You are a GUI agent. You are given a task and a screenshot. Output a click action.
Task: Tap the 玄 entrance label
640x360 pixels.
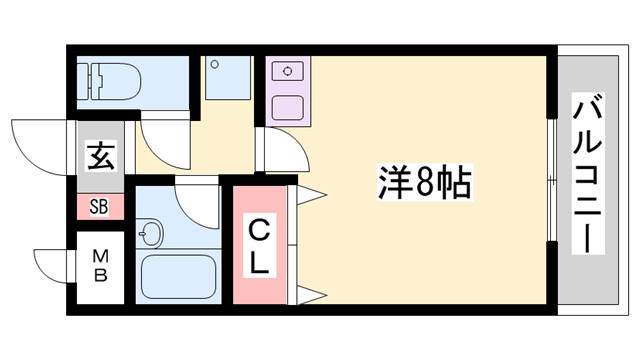[98, 158]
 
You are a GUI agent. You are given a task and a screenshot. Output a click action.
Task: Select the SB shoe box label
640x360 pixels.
[98, 208]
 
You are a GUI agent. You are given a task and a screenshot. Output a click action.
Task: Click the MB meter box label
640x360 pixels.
[99, 265]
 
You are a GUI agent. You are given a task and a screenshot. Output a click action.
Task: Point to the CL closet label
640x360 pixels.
[258, 247]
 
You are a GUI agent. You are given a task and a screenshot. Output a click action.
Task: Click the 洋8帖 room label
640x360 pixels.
[425, 181]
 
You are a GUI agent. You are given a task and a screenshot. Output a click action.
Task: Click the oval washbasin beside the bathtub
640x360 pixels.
[151, 236]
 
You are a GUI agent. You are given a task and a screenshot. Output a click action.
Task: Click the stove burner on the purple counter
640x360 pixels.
[289, 71]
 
